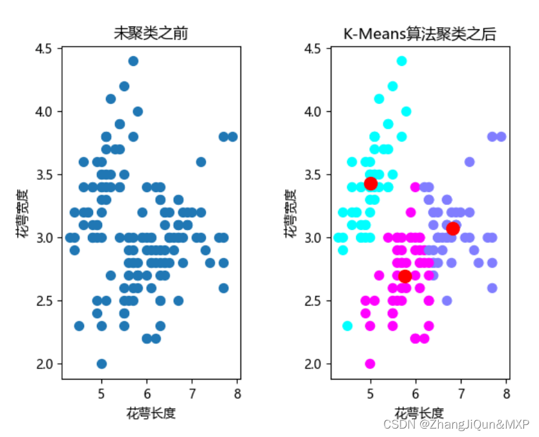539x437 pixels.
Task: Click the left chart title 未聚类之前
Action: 151,33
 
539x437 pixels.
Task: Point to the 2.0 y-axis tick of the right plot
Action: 313,364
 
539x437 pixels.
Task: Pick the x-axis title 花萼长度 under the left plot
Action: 151,412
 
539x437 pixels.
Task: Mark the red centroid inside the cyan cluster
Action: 370,184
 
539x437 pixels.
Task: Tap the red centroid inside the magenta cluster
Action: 405,276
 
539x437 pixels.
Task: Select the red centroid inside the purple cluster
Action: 452,228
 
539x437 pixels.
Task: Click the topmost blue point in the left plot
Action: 133,61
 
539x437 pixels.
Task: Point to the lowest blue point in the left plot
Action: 101,363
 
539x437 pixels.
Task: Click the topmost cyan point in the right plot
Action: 401,61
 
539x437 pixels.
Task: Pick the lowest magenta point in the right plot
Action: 370,363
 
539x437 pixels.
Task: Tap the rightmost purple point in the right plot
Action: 501,136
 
